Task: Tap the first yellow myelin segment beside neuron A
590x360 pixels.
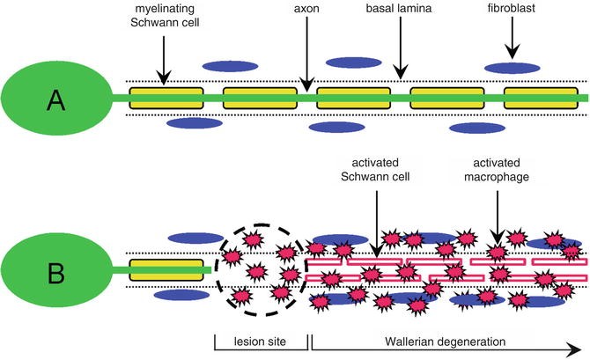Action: click(166, 98)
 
